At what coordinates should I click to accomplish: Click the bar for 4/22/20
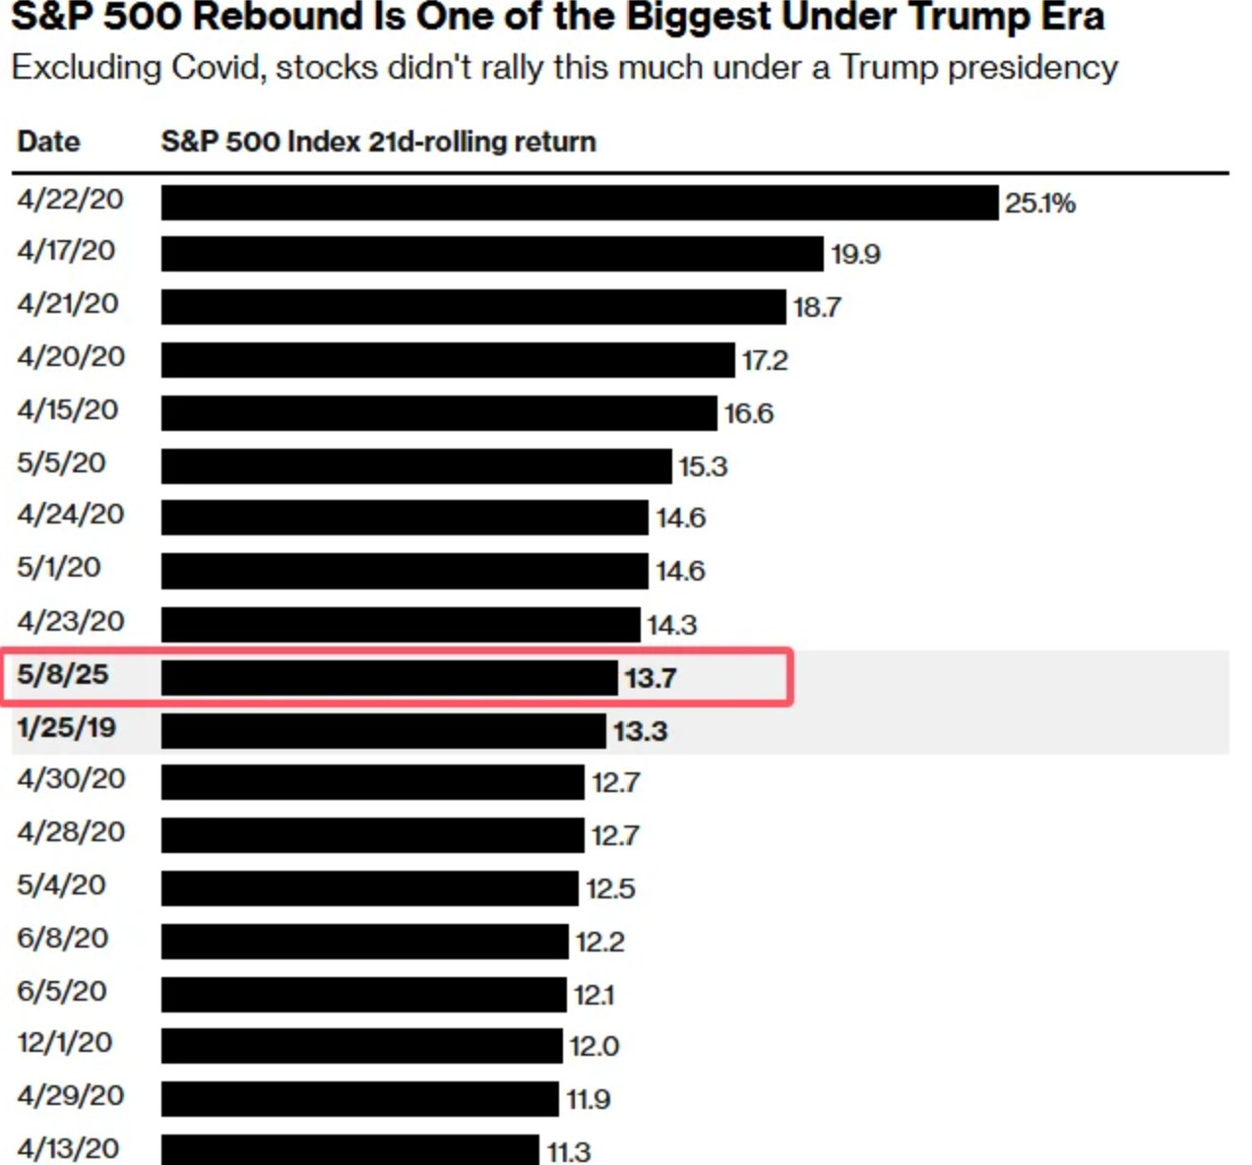(x=580, y=203)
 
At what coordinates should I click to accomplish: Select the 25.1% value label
(x=1039, y=203)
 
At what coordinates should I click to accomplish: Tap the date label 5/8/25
(x=62, y=674)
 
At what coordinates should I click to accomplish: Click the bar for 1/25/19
(x=383, y=731)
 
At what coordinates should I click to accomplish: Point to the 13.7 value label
(x=650, y=678)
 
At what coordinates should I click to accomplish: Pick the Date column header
(x=48, y=142)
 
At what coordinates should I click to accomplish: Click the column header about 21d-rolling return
(x=378, y=142)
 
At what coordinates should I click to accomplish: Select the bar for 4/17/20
(x=492, y=254)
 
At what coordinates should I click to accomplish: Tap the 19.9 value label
(x=854, y=254)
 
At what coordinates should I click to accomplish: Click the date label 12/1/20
(x=64, y=1042)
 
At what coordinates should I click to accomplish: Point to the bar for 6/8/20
(x=364, y=942)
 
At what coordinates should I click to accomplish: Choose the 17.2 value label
(x=764, y=360)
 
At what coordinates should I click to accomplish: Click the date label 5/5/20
(x=61, y=462)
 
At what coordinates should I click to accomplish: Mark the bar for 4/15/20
(x=439, y=413)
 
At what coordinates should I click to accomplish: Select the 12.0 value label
(x=594, y=1046)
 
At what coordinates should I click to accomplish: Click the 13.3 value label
(x=640, y=731)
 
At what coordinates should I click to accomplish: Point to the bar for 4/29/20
(x=359, y=1099)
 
